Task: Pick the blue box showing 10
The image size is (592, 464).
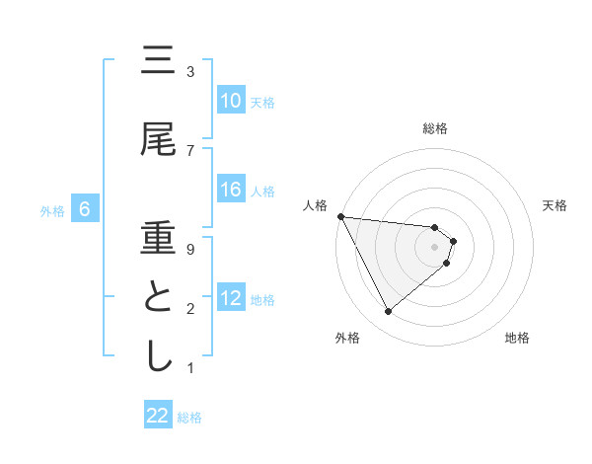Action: [x=231, y=101]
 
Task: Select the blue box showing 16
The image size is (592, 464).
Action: [x=231, y=191]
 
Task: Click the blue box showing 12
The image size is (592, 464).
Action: [x=231, y=298]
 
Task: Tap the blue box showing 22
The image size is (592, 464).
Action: [x=158, y=416]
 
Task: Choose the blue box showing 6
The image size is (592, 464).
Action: [x=85, y=209]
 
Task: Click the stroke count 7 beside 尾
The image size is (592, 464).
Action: [x=189, y=150]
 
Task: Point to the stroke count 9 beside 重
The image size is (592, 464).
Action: [x=189, y=249]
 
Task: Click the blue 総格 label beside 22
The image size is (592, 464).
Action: [x=189, y=418]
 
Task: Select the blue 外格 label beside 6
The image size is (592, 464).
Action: [x=51, y=210]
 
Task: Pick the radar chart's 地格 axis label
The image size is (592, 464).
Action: [x=517, y=339]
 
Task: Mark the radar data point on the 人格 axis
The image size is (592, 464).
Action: [x=340, y=216]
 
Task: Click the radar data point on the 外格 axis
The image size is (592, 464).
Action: [x=388, y=312]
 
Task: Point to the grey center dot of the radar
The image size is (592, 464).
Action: [x=434, y=247]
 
